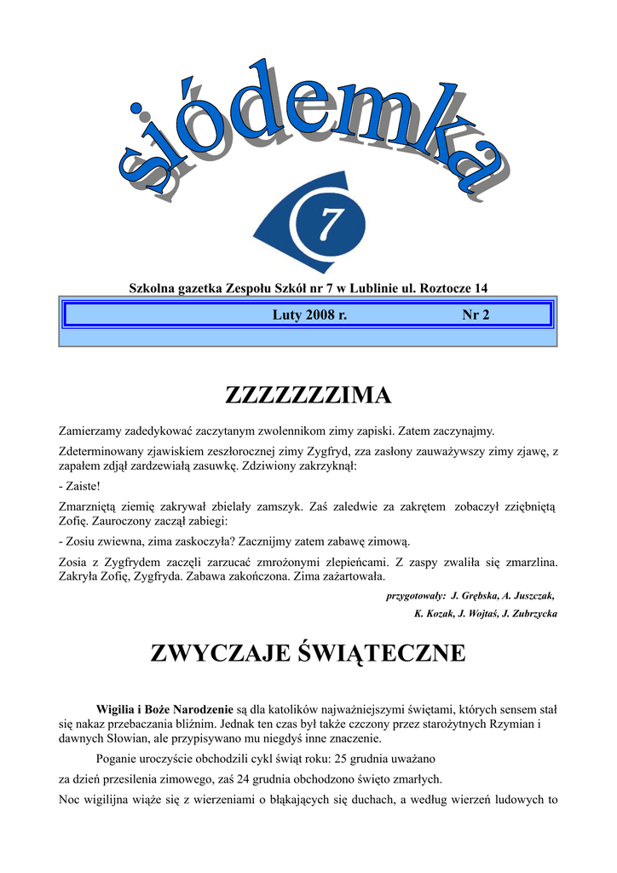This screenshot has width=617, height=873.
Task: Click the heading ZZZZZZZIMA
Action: pos(308,396)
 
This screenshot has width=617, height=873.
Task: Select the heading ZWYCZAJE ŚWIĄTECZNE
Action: pos(308,654)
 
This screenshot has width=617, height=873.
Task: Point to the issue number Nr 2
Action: pos(476,315)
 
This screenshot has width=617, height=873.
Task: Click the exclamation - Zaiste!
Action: pos(79,486)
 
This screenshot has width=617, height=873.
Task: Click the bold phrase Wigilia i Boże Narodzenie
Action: pos(164,708)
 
